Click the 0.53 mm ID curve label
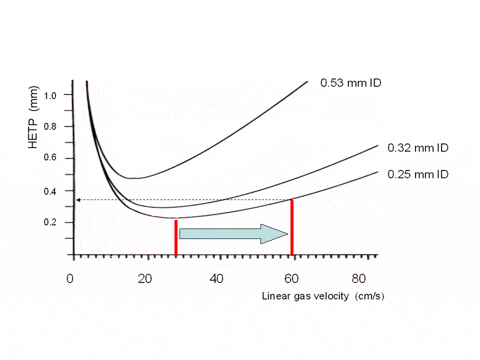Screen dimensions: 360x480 350,83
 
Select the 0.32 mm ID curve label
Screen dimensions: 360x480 418,148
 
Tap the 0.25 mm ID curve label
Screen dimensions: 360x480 418,174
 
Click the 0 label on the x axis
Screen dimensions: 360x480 71,278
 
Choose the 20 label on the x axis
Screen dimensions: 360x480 145,278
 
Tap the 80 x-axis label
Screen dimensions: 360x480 359,278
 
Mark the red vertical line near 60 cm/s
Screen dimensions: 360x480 292,227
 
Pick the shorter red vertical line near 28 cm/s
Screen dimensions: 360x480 176,237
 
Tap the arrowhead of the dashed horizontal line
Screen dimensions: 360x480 78,200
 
